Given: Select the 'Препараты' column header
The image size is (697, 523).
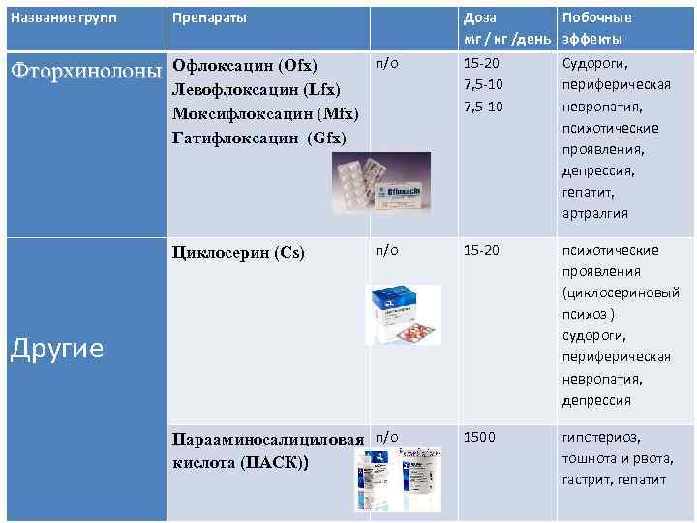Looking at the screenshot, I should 209,17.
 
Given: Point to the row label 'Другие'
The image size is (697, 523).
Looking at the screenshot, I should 56,348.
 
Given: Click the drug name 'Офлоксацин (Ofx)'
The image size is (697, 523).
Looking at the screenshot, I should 244,66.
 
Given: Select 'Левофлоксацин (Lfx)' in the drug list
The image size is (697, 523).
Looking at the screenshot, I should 256,89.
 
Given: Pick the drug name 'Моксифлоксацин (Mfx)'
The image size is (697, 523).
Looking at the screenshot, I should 265,113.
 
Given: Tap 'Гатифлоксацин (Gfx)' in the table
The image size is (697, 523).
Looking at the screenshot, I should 258,137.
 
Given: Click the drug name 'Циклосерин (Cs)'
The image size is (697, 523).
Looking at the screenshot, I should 238,253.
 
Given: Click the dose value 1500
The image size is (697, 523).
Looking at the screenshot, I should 480,437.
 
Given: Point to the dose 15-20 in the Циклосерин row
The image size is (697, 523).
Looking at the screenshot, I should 481,250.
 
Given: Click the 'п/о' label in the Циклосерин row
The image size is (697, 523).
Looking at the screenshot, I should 386,250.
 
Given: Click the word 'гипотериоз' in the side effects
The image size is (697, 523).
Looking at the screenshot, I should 601,437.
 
